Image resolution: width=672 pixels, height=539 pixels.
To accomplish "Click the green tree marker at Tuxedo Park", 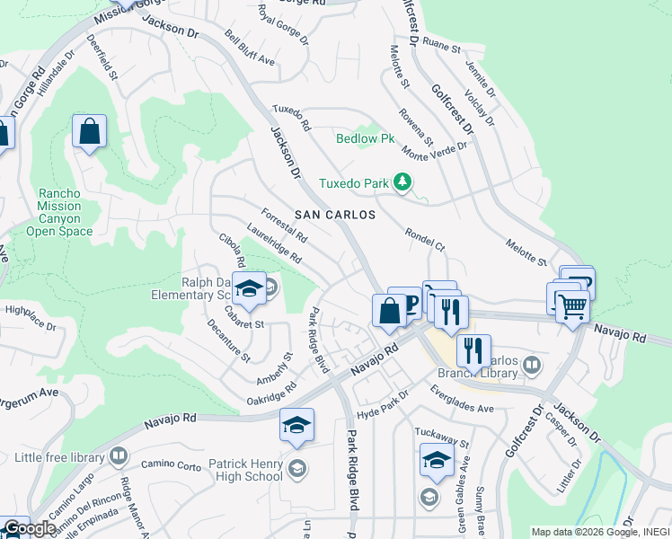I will (403, 183).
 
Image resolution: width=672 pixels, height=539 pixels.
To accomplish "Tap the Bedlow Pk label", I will (366, 139).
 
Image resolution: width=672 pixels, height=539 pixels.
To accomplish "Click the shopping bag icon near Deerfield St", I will (89, 132).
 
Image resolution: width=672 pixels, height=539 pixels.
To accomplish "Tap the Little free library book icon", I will (118, 457).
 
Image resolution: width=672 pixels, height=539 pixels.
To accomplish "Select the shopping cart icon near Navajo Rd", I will (572, 306).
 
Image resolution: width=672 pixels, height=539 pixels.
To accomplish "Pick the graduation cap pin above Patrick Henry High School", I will (297, 425).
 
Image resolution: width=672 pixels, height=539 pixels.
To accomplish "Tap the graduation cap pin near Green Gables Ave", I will (437, 461).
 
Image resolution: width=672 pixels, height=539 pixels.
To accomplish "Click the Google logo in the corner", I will (30, 528).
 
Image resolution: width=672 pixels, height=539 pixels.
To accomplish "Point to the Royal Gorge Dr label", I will (282, 26).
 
